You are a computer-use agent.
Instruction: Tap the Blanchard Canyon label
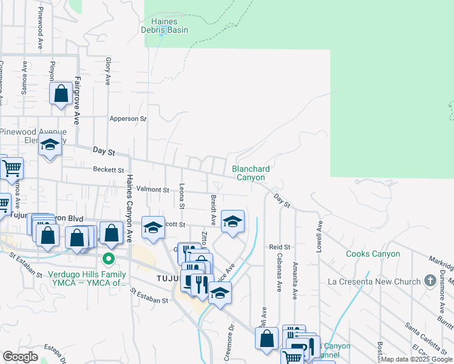coord(250,173)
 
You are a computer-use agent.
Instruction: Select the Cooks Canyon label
coord(373,254)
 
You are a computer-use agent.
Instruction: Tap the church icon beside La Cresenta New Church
coord(430,281)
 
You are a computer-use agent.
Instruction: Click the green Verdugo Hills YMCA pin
coord(109,259)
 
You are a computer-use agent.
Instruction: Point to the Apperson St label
coord(128,119)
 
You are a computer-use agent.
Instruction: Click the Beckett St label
coord(109,170)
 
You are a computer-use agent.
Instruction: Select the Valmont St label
coord(152,190)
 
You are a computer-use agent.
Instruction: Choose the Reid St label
coord(280,247)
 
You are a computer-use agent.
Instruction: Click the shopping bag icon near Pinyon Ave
coord(61,95)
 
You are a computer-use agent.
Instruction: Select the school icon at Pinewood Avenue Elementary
coord(50,146)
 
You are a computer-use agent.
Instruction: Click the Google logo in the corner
coord(20,357)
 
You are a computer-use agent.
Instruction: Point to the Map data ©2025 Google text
coord(416,359)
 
